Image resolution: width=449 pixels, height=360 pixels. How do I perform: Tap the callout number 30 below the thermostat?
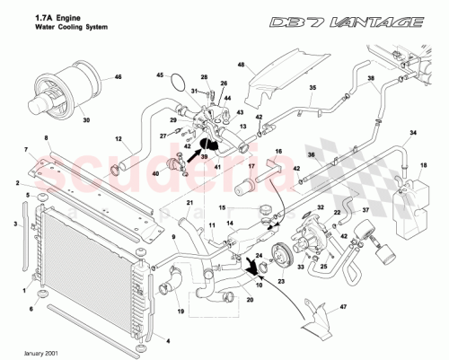tap(86, 119)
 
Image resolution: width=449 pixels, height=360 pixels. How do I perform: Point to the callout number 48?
tap(241, 65)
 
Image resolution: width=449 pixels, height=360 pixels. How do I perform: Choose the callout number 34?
tap(413, 134)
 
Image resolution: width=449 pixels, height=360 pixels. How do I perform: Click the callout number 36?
tap(338, 154)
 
